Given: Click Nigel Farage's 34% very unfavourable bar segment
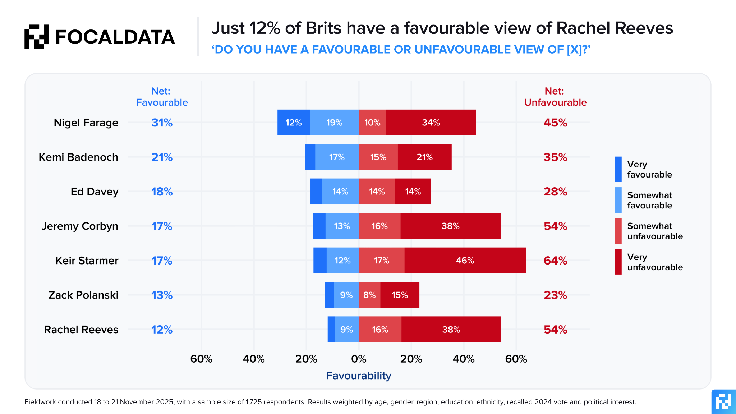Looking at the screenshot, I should click(x=431, y=123).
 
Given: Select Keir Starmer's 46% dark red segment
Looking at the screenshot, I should click(x=465, y=261).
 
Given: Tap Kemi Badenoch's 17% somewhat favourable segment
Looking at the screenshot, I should click(x=337, y=157).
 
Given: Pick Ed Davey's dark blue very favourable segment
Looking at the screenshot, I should click(x=316, y=192).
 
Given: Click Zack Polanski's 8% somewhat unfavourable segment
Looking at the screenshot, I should click(x=369, y=295).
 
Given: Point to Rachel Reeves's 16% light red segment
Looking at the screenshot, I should click(x=380, y=330).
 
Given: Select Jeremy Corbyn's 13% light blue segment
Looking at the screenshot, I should click(x=342, y=226).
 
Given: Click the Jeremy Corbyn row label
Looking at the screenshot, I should click(x=80, y=226).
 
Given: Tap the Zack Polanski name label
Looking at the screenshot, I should click(x=83, y=295).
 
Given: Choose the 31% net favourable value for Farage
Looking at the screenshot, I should click(x=162, y=123).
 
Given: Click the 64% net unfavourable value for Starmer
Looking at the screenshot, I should click(x=555, y=261).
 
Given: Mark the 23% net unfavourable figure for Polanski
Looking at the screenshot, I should click(x=555, y=295).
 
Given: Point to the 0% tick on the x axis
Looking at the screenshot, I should click(x=359, y=359).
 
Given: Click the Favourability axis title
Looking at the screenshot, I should click(x=359, y=376).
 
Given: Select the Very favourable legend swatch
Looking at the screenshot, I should click(x=618, y=169).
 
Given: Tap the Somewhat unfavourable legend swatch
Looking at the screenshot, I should click(x=618, y=231).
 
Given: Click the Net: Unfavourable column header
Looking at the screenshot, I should click(x=555, y=97).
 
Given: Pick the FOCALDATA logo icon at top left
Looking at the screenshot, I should click(x=37, y=37).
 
